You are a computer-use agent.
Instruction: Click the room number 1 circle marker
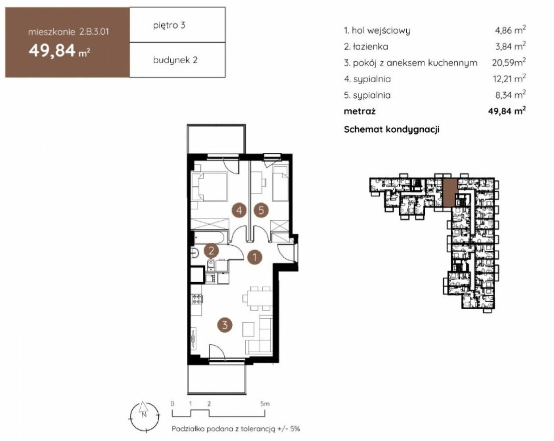click(254, 257)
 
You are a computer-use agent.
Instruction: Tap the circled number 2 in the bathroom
click(211, 251)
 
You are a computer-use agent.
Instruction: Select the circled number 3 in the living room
click(225, 324)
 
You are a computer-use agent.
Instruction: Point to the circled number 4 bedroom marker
click(239, 210)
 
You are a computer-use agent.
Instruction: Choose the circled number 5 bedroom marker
click(261, 210)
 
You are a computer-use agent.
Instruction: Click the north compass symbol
click(144, 416)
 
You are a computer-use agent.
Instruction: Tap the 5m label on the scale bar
click(264, 403)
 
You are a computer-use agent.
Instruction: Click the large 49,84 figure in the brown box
click(52, 50)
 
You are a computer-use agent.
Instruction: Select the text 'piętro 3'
click(169, 26)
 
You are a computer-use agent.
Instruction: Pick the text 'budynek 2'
click(175, 60)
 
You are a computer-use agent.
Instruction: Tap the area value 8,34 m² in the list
click(509, 94)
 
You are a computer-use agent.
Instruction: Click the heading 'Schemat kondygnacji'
click(392, 129)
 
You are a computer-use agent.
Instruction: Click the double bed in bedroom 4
click(209, 187)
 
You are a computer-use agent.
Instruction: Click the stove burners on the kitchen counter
click(197, 299)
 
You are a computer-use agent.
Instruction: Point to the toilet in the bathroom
click(211, 264)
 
